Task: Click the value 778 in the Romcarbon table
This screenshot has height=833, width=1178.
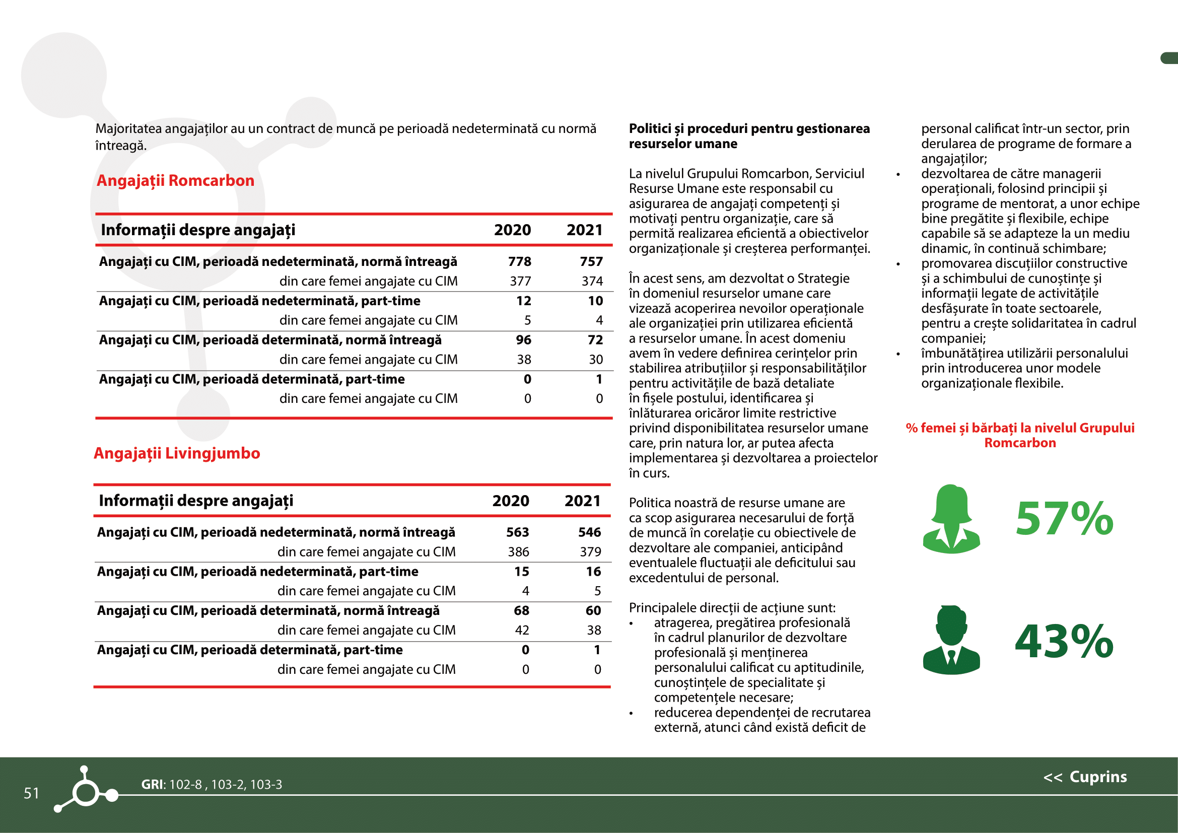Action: pos(519,261)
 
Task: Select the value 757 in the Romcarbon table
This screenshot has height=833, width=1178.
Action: pos(591,261)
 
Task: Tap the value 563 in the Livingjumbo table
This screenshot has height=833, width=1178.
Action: pos(517,532)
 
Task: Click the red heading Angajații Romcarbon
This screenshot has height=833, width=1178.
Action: pos(175,181)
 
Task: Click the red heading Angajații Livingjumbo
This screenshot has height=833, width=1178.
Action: pos(177,453)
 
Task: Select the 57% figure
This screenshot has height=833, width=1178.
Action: pos(1064,519)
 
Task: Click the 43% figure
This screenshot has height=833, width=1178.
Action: pos(1064,642)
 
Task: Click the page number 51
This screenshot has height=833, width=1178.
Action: pos(31,793)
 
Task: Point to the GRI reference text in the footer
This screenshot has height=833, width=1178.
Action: pos(212,784)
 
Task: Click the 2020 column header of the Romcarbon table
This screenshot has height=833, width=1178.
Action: pos(512,230)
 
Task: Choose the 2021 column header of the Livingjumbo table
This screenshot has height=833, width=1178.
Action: pos(582,501)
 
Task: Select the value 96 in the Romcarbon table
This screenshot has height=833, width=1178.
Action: pos(523,340)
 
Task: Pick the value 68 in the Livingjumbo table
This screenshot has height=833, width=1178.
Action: pos(521,611)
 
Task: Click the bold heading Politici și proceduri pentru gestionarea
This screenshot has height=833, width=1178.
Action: pos(749,129)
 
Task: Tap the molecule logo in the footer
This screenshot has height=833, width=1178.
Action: pos(86,790)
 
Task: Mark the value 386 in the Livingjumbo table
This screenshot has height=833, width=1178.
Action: pos(518,552)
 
